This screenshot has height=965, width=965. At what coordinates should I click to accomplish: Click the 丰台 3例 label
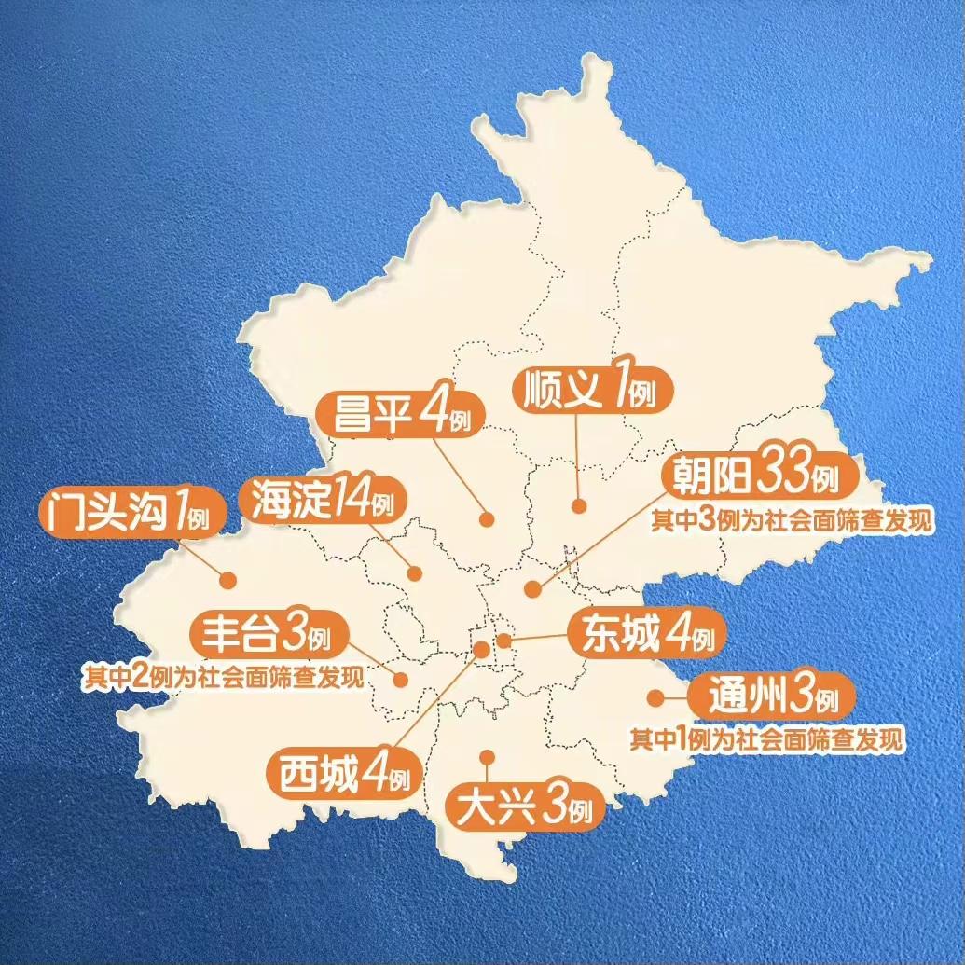tap(269, 638)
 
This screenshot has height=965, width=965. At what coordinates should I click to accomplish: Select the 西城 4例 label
tap(343, 775)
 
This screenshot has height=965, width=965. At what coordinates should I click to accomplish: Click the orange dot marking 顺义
tap(578, 506)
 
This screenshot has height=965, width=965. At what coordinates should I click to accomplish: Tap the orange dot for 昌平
tap(486, 520)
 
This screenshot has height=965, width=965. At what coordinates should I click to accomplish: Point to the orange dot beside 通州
tap(655, 696)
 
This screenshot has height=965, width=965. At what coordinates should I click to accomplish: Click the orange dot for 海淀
tap(415, 573)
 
